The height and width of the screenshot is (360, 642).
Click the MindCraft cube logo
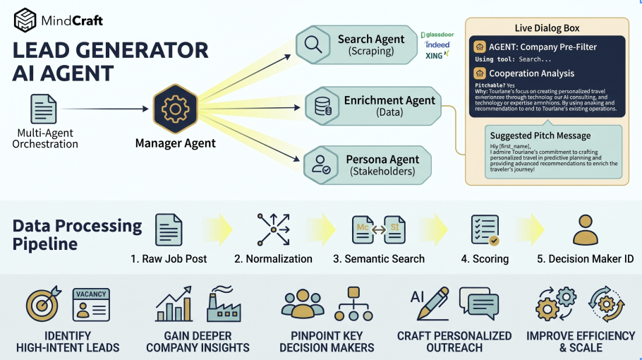tap(25, 20)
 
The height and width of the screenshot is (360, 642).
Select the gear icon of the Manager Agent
tap(174, 109)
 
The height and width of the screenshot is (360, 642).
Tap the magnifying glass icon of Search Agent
tap(312, 44)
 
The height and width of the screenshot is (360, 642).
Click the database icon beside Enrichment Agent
tap(322, 107)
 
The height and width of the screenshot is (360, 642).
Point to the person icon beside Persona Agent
tap(322, 164)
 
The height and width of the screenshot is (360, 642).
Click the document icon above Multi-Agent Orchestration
tap(44, 109)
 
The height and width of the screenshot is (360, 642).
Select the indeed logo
tap(437, 44)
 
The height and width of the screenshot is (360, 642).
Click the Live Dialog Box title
tap(547, 28)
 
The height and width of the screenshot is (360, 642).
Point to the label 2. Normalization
tap(273, 259)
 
